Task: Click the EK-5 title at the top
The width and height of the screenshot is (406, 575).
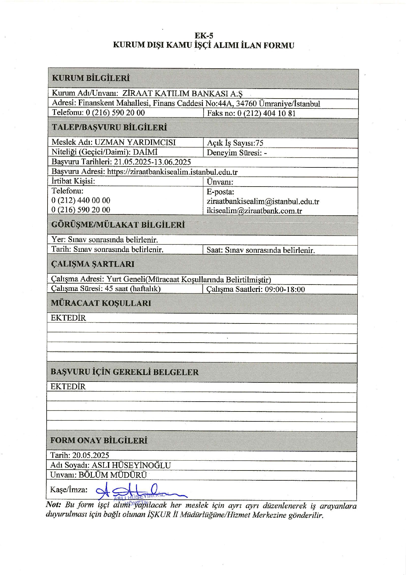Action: point(204,36)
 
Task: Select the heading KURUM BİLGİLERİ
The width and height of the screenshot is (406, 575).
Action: point(91,78)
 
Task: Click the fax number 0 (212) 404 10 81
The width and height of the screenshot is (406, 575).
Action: point(266,113)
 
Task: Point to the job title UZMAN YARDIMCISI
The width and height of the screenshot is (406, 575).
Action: point(135,142)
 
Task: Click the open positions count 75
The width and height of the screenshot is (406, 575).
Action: point(259,143)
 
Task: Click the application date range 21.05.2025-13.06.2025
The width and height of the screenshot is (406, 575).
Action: point(152,162)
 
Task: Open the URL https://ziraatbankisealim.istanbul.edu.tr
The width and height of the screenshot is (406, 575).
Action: point(172,172)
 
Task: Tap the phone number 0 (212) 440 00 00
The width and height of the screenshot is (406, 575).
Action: point(81,200)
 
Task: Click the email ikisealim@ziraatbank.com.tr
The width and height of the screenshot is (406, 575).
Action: point(254,211)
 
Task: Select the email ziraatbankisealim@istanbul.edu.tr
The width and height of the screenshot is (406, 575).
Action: point(263,202)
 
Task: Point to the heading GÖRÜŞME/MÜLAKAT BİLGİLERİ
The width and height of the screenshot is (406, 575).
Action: point(118,225)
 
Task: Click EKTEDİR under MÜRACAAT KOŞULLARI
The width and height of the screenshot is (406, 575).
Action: point(68,318)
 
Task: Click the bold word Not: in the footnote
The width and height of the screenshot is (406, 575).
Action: point(53,505)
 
